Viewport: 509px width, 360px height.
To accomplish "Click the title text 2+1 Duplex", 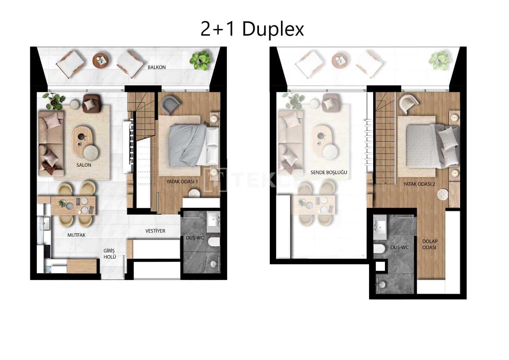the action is pos(252,29).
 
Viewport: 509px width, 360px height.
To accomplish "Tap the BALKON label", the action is pos(157,67).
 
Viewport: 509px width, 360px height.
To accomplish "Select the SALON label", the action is pos(84,165).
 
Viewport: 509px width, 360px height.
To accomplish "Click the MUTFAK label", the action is pos(76,235).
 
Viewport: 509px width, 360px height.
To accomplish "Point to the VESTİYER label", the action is pos(155,231).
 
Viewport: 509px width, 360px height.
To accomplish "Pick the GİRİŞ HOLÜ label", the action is pos(110,254).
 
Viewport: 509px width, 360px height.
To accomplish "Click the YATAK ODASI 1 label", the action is pos(182,182).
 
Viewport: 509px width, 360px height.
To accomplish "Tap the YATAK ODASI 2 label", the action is pos(419,184).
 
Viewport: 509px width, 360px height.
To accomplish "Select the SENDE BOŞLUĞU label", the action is pos(329,173).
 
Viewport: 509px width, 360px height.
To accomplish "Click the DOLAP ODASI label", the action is pos(430,244).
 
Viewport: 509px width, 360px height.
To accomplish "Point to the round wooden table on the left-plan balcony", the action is pos(101,60).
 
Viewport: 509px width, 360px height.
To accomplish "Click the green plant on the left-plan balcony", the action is pos(200,60).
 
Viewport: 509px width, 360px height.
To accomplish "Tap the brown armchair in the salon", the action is pos(92,104).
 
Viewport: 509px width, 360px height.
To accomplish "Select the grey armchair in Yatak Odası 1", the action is pos(170,104).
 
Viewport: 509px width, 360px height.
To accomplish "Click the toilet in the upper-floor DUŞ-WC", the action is pos(379,249).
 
